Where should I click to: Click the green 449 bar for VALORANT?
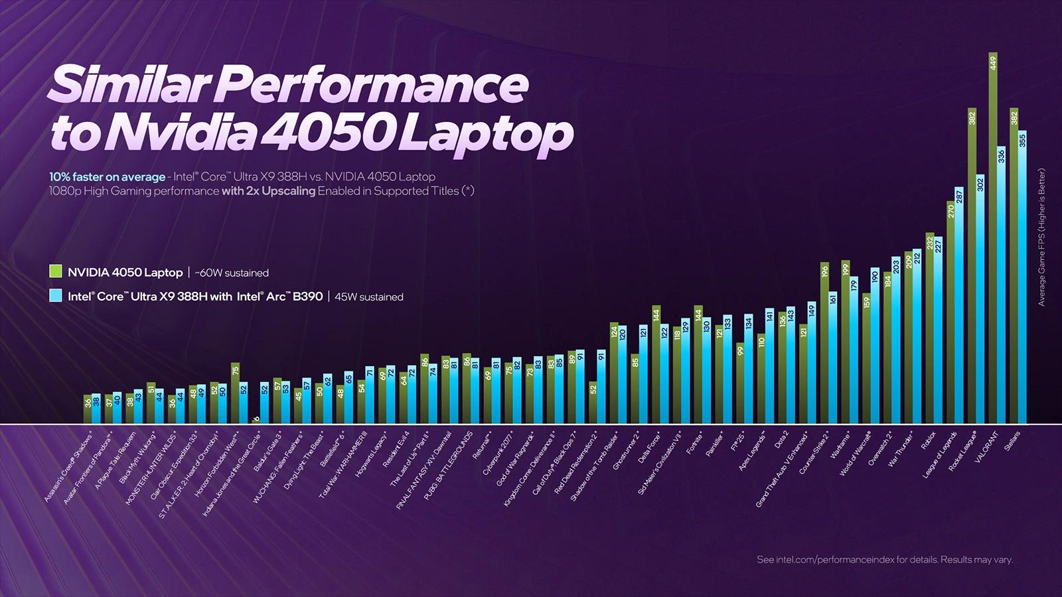pyautogui.click(x=993, y=239)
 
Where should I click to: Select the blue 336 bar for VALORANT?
pyautogui.click(x=1002, y=285)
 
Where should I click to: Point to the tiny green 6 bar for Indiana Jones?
pyautogui.click(x=256, y=421)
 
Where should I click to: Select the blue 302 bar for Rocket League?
pyautogui.click(x=980, y=298)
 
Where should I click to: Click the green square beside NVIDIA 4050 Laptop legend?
pyautogui.click(x=56, y=272)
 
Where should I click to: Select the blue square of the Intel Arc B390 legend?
pyautogui.click(x=56, y=296)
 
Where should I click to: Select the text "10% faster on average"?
pyautogui.click(x=107, y=177)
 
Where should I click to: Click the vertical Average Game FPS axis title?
pyautogui.click(x=1041, y=237)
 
